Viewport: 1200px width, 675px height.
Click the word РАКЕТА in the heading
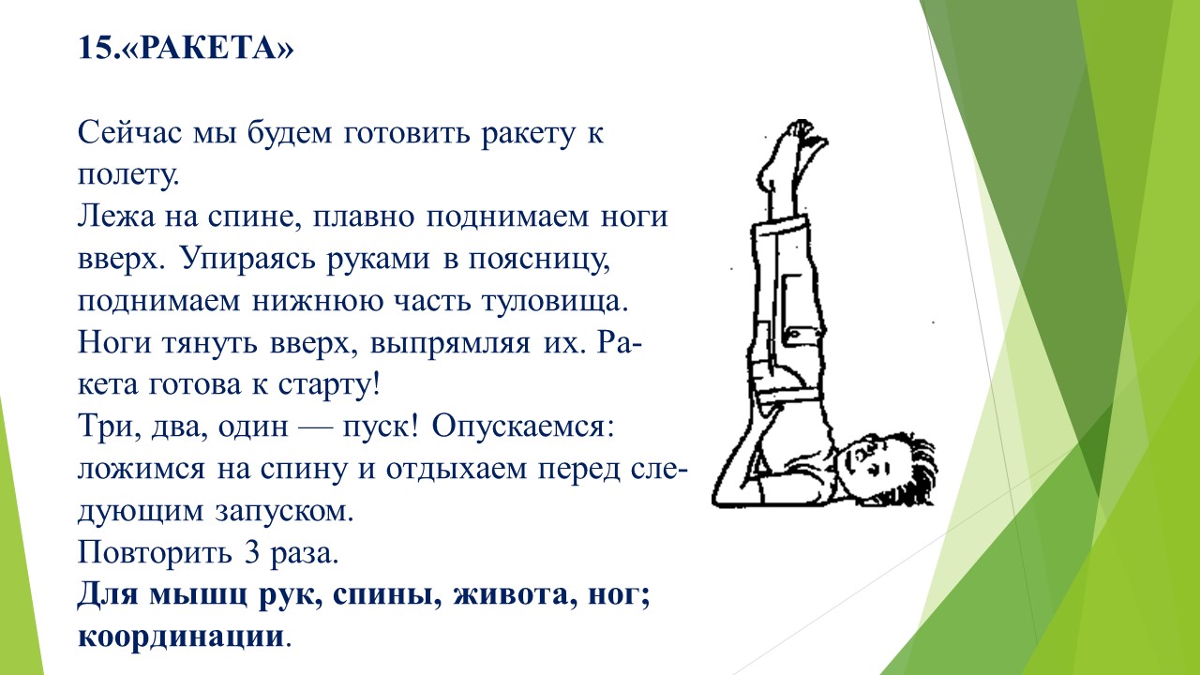coord(209,48)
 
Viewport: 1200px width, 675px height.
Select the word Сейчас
coord(130,132)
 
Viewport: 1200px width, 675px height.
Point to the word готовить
coord(407,133)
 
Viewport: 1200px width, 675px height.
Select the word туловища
coord(555,302)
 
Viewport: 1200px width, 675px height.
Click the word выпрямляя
coord(450,344)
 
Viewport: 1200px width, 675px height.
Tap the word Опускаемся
coord(523,427)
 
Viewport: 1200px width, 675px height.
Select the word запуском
coord(284,512)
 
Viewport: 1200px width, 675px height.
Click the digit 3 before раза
coord(252,553)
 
